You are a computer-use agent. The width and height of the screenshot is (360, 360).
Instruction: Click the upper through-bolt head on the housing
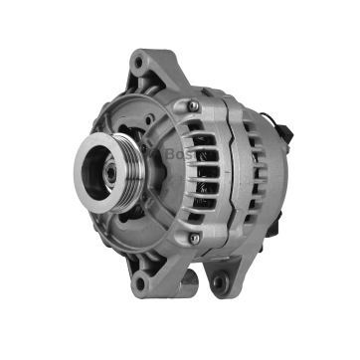coord(193,105)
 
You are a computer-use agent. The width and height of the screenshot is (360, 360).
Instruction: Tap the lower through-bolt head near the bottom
coord(194,239)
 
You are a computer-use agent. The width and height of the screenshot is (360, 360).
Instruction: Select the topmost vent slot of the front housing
coord(203,127)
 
